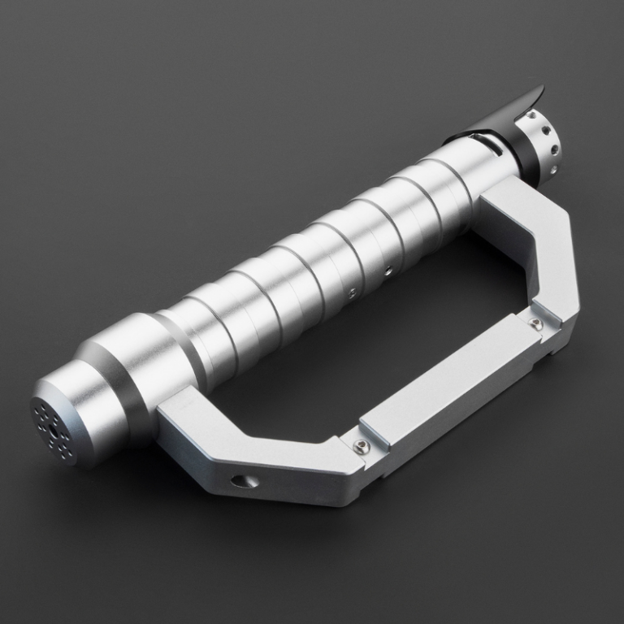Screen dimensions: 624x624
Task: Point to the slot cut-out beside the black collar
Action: [x=488, y=144]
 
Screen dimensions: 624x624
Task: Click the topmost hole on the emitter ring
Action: [x=531, y=115]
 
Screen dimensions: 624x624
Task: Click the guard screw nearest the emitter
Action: [x=535, y=323]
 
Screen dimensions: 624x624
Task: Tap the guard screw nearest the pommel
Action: [x=357, y=444]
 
